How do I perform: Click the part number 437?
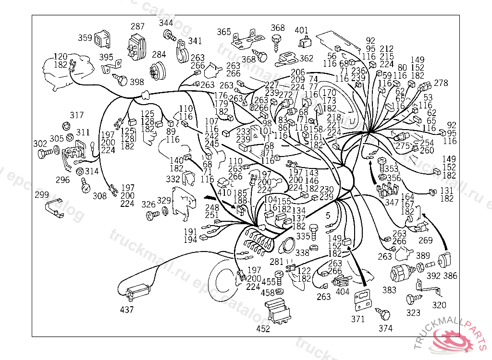[x=127, y=310]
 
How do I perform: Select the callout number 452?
[x=263, y=329]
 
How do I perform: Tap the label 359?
[x=85, y=37]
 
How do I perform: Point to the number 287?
[x=137, y=26]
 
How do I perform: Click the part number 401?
[x=301, y=30]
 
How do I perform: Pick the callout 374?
[x=385, y=328]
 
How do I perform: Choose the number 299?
[x=42, y=195]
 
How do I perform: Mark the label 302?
[x=40, y=144]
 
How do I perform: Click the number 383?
[x=389, y=290]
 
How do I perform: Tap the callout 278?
[x=441, y=83]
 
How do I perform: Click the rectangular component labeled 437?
[x=137, y=291]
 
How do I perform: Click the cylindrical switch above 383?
[x=402, y=272]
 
